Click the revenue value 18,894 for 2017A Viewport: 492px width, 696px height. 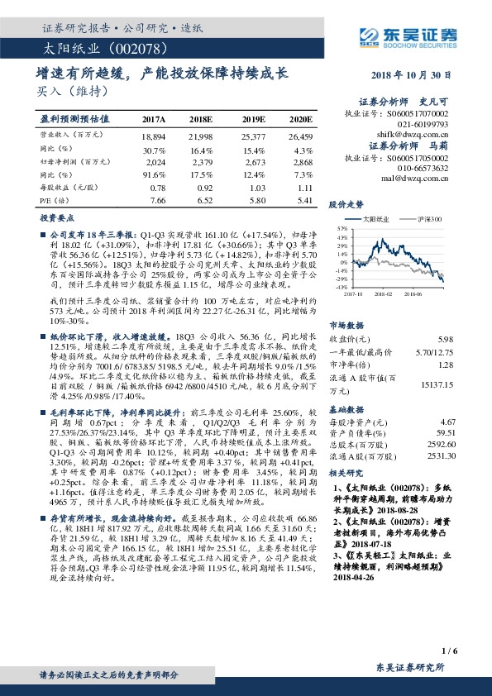tap(154, 136)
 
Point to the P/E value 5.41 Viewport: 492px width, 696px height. tap(303, 201)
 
